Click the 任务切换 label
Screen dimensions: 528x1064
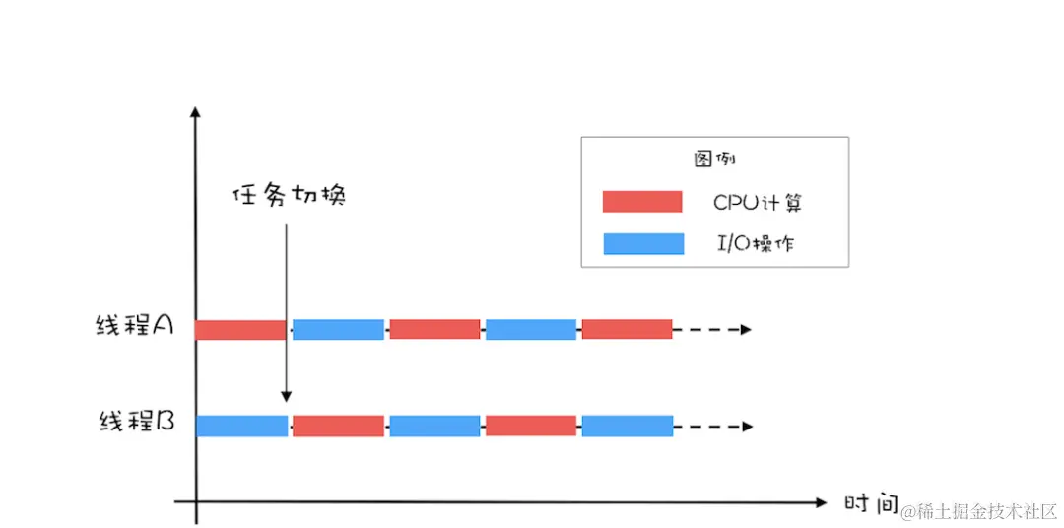(289, 196)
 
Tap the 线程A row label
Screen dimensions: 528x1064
(135, 327)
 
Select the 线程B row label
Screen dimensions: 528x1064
(137, 423)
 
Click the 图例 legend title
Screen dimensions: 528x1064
(713, 159)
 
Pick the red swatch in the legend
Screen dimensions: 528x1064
(642, 202)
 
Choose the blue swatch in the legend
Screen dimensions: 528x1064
(642, 243)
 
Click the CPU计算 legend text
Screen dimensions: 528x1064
(758, 203)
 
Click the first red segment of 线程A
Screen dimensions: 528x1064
(240, 329)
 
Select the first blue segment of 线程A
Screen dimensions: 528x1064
(338, 329)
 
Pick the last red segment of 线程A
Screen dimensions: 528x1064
(627, 329)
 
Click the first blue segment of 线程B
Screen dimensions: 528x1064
(241, 426)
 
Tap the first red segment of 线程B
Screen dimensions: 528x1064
(338, 426)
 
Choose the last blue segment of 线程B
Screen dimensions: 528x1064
(627, 426)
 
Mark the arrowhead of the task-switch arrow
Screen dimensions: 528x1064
(286, 396)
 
